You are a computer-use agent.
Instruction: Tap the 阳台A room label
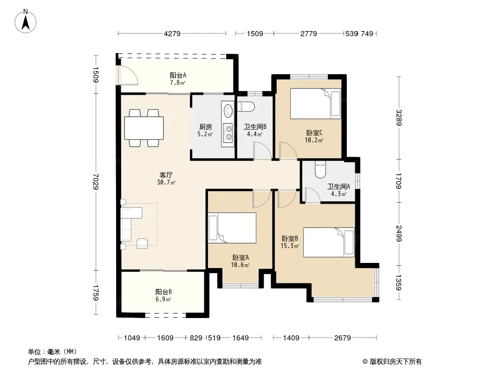click(x=178, y=75)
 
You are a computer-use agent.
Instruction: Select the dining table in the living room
click(x=144, y=128)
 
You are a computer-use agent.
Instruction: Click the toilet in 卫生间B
click(x=246, y=107)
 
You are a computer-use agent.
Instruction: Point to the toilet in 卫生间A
click(x=320, y=170)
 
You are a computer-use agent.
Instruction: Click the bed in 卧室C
click(x=315, y=103)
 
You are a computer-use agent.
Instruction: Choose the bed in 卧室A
click(x=232, y=228)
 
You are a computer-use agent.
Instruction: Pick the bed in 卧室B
click(x=329, y=242)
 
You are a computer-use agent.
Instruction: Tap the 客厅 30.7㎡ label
click(x=166, y=179)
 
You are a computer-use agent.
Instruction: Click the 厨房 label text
click(x=206, y=127)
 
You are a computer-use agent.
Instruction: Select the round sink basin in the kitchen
click(x=228, y=110)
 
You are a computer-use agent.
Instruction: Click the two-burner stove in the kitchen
click(x=228, y=132)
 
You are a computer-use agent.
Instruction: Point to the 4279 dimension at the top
click(x=172, y=33)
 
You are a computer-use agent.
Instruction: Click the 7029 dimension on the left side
click(x=96, y=182)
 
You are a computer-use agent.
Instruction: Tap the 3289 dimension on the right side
click(x=399, y=118)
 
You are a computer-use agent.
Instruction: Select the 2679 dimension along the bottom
click(x=343, y=338)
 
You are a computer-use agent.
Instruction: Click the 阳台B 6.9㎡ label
click(x=163, y=295)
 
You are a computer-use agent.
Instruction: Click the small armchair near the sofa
click(x=143, y=243)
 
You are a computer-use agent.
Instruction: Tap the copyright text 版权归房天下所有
click(x=396, y=362)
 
